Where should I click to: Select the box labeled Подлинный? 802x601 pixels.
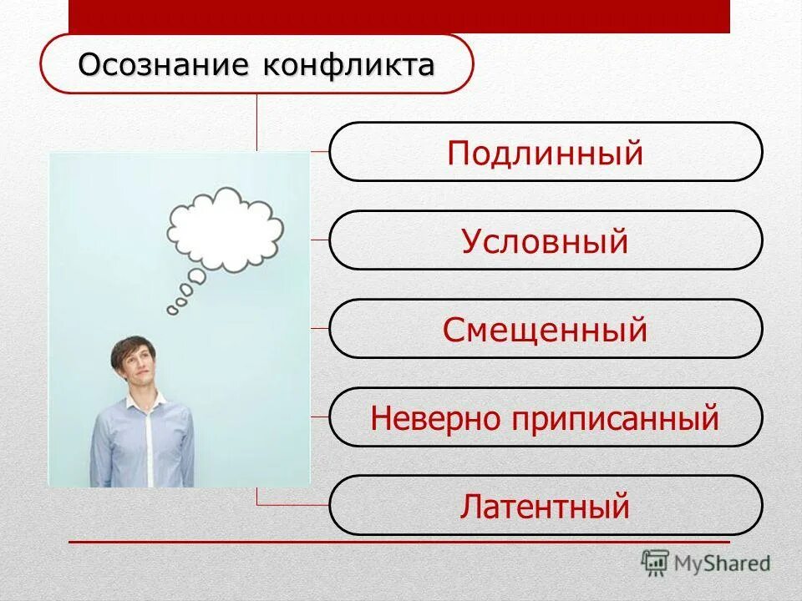click(546, 152)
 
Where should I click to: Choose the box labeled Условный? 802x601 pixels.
click(546, 240)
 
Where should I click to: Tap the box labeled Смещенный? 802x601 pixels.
click(546, 329)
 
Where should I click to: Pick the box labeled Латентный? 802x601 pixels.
click(546, 506)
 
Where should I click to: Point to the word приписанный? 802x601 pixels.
click(617, 418)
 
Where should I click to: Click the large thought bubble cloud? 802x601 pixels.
click(226, 227)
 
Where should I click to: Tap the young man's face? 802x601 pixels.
click(137, 368)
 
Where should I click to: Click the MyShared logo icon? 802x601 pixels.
click(655, 562)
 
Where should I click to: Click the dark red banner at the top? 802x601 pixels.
click(398, 16)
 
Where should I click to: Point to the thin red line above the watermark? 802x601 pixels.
click(398, 543)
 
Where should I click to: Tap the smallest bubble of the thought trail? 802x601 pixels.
click(172, 311)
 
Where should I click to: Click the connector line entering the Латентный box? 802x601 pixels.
click(292, 505)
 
